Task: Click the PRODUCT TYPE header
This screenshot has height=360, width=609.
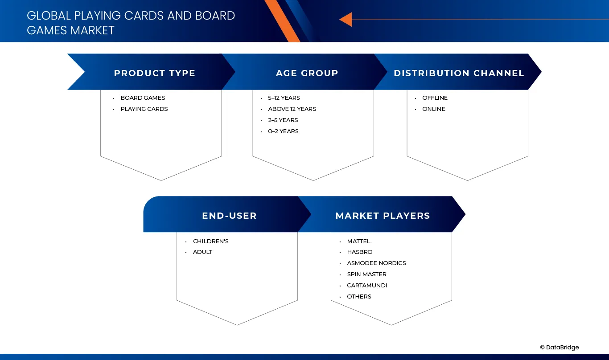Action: (154, 73)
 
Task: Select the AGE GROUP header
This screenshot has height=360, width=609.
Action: (307, 73)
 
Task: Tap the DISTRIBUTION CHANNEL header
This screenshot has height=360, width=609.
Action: (459, 73)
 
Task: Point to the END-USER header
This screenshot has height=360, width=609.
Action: (229, 216)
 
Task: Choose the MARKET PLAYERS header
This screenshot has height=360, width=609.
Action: (383, 216)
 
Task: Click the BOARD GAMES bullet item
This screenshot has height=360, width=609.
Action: (143, 98)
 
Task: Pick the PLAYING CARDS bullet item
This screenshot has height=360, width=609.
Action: (144, 109)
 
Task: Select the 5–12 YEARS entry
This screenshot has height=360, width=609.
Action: (284, 98)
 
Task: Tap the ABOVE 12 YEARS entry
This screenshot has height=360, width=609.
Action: (292, 109)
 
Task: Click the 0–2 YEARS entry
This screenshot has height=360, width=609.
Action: (283, 131)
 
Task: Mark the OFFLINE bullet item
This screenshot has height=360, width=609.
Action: (435, 98)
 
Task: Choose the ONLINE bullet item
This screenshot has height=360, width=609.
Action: (434, 109)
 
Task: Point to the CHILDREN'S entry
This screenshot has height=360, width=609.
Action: (210, 241)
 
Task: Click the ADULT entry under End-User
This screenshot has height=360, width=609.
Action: (202, 252)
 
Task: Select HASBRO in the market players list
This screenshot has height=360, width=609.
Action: (360, 252)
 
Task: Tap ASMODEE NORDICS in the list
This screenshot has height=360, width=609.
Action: (376, 263)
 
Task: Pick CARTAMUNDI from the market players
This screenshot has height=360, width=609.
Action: (367, 286)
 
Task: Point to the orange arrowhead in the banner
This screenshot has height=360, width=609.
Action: (346, 20)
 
